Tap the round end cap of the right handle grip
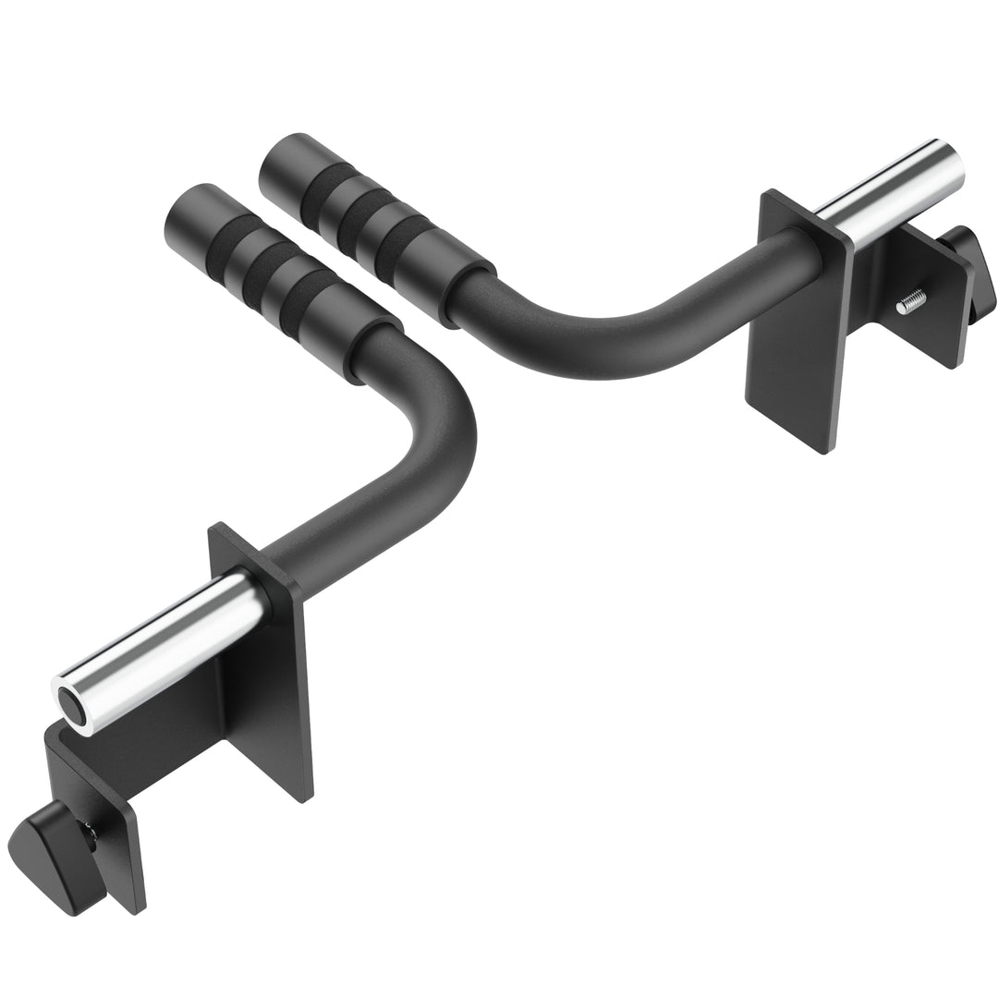coord(286,159)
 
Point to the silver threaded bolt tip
coord(912,299)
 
